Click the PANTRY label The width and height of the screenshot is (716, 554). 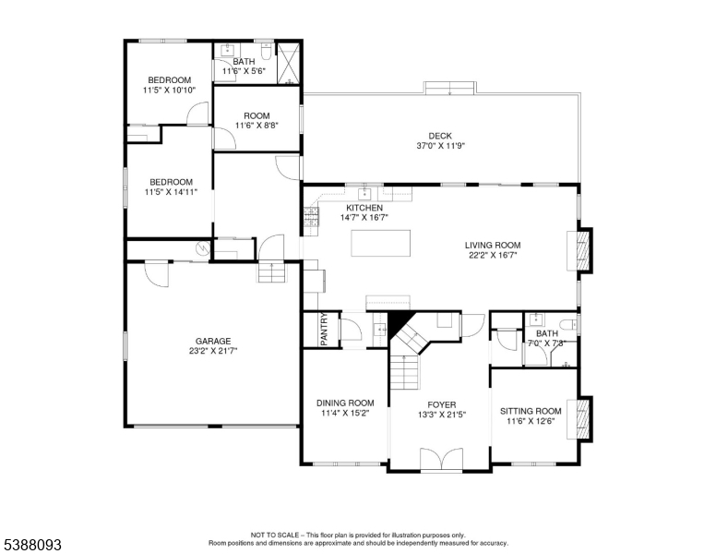tap(324, 329)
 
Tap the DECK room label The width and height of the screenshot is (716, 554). tap(440, 136)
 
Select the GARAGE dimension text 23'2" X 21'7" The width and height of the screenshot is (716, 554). tap(213, 351)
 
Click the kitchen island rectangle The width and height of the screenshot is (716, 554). tap(380, 243)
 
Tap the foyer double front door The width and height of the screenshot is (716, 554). tap(442, 459)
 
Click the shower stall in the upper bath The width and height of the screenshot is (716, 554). tap(289, 64)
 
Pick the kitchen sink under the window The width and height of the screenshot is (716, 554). tap(364, 193)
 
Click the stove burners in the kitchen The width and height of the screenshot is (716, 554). tap(312, 217)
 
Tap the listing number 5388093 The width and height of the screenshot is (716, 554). tap(33, 545)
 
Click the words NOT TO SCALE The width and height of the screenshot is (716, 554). tap(275, 535)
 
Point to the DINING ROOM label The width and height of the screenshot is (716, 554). tap(345, 403)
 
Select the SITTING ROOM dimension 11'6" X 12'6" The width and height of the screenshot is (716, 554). tap(531, 421)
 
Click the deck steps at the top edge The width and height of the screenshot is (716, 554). tap(450, 89)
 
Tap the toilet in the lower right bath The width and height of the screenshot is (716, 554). tap(569, 325)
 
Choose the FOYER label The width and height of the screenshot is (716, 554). tap(442, 404)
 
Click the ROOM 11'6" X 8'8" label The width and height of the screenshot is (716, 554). tap(257, 121)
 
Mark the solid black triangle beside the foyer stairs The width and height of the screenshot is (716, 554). tap(397, 321)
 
